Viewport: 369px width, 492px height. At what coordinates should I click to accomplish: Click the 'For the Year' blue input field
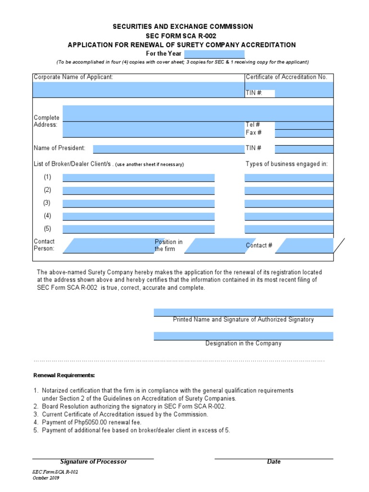coord(214,54)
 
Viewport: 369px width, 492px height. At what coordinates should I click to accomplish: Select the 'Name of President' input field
coord(168,149)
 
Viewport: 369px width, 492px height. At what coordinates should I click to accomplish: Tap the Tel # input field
coord(304,125)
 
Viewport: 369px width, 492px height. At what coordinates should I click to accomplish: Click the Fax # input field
coord(304,133)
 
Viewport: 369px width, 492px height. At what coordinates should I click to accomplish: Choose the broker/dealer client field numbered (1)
coord(138,178)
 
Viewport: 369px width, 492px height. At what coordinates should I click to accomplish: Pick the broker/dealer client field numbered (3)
coord(138,204)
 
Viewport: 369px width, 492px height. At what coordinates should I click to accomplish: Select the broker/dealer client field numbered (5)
coord(138,229)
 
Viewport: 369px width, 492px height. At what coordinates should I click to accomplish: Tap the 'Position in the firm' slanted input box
coord(210,246)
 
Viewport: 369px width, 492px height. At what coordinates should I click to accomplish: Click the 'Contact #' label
coord(259,246)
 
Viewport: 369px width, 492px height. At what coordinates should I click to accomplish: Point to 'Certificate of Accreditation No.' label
coord(286,77)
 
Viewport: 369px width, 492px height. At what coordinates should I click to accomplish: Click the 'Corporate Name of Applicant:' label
coord(74,77)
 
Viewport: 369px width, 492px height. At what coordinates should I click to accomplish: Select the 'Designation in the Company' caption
coord(243,344)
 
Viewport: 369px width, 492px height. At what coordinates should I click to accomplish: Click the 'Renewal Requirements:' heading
coord(64,375)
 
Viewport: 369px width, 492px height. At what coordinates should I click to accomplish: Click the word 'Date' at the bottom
coord(273,462)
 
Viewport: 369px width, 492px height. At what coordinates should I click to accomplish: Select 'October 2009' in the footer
coord(46,478)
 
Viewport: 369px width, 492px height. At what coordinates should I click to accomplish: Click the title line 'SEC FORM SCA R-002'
coord(182,36)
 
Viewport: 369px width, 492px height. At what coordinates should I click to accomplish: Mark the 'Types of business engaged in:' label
coord(287,164)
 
